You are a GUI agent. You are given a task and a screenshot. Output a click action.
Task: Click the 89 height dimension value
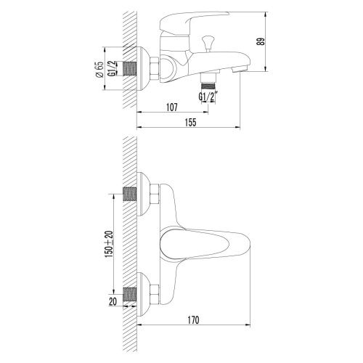[x=270, y=42]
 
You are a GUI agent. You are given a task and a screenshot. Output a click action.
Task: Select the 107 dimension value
[x=172, y=108]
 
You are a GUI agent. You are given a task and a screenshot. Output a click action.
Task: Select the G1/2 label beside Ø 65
[x=112, y=70]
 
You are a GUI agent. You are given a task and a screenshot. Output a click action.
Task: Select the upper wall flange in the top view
[x=144, y=195]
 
